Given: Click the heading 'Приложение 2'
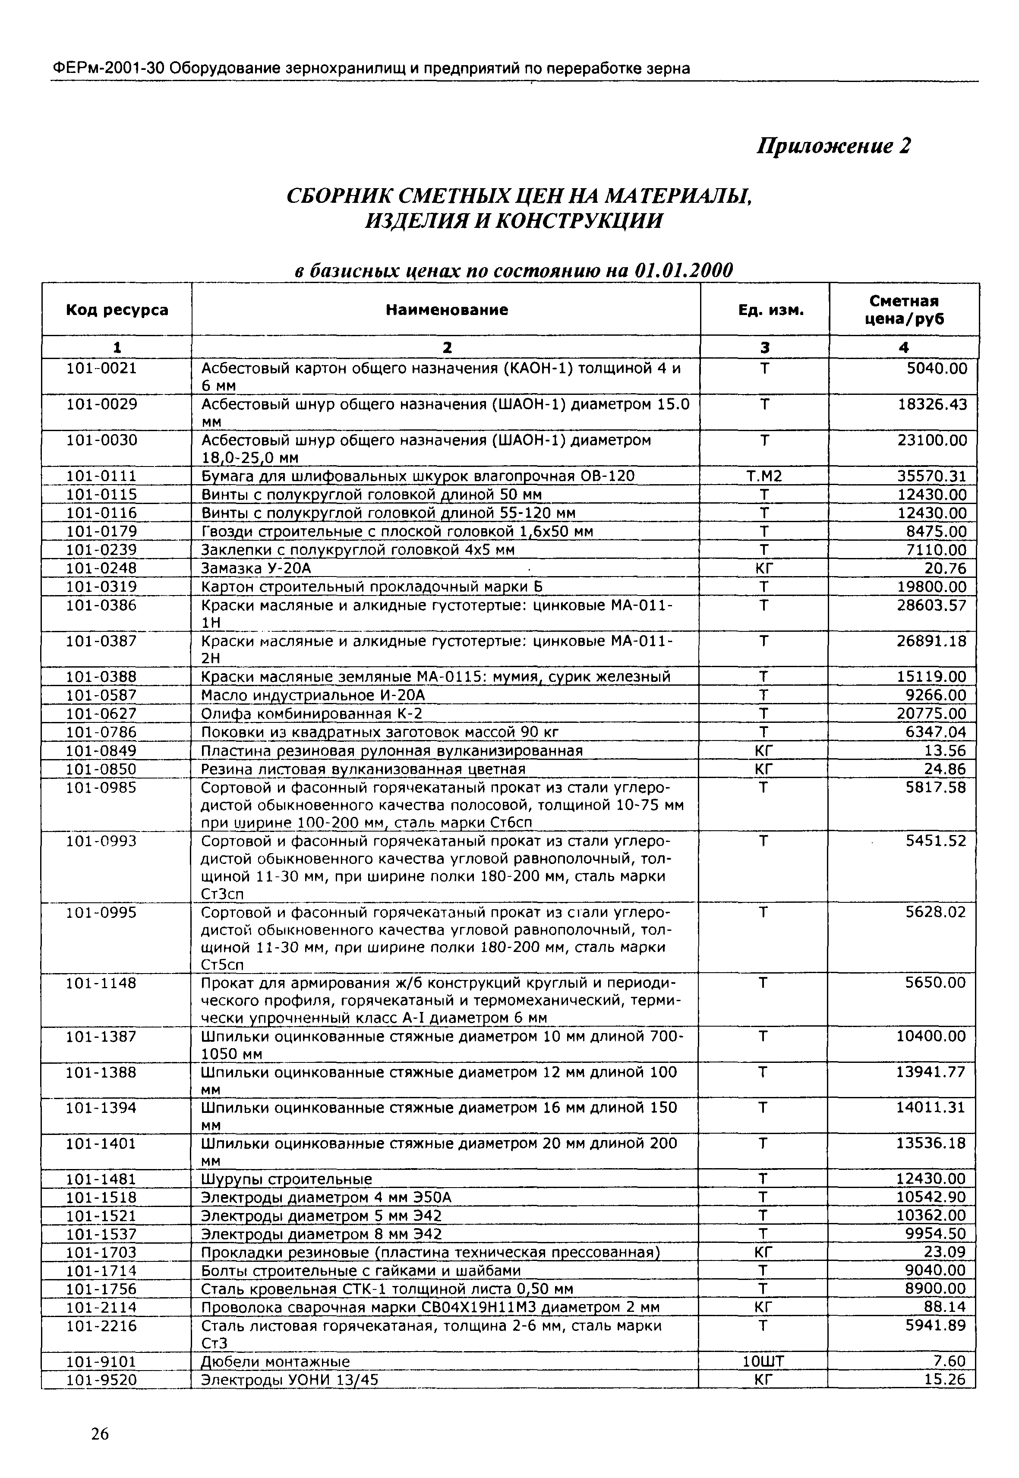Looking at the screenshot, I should click(833, 146).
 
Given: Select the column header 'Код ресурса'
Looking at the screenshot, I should click(117, 310).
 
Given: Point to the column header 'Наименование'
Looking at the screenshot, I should click(447, 310).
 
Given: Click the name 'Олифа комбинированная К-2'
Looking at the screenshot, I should click(312, 713).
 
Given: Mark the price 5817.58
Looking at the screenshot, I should click(936, 788).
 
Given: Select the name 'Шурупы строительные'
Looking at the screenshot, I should click(287, 1179).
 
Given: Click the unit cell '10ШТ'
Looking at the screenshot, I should click(763, 1362).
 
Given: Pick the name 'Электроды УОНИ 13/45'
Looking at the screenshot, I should click(290, 1380).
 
